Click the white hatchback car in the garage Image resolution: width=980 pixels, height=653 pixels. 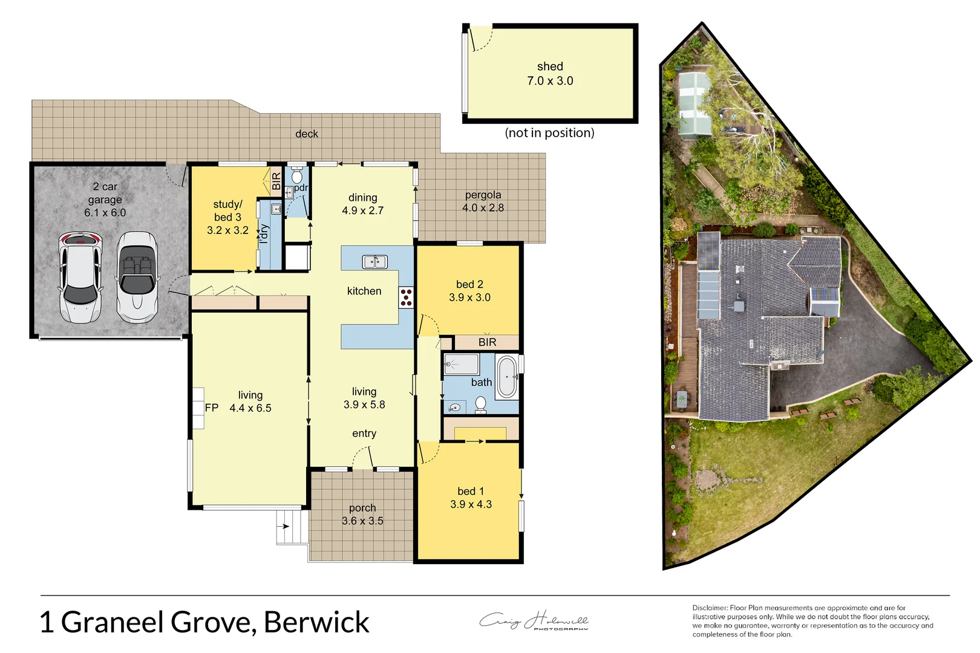click(80, 278)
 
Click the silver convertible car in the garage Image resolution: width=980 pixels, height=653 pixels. click(137, 278)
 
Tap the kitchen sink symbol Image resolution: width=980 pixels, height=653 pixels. click(374, 261)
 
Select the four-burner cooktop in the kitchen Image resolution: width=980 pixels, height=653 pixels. click(406, 297)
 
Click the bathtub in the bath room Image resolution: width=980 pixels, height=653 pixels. click(507, 377)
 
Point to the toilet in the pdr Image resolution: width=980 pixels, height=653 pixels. click(296, 176)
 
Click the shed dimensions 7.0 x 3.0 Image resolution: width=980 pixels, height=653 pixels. click(550, 81)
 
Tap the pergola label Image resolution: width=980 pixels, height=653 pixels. click(483, 195)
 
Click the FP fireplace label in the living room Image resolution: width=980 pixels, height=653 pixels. click(211, 408)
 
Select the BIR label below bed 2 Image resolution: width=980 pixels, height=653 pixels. click(487, 342)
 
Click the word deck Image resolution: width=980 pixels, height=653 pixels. click(307, 134)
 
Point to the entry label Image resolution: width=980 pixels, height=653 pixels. click(364, 434)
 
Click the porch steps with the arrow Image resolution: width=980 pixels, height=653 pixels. click(288, 527)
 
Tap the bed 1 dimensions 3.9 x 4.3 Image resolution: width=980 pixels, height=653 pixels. click(471, 504)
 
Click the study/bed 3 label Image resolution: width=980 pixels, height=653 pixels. click(227, 210)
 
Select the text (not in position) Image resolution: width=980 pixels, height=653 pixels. click(549, 133)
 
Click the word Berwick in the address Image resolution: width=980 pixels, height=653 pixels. click(316, 622)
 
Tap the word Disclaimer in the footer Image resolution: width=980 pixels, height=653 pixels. click(710, 608)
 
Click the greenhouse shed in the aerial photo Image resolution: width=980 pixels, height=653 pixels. click(694, 104)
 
